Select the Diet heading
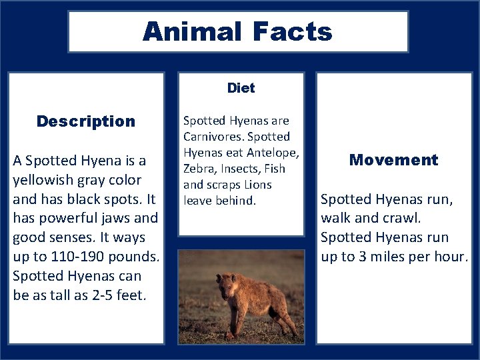point(241,88)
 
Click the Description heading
point(86,121)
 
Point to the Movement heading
point(393,160)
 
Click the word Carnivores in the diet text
point(212,137)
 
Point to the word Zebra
point(199,169)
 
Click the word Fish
point(275,169)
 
